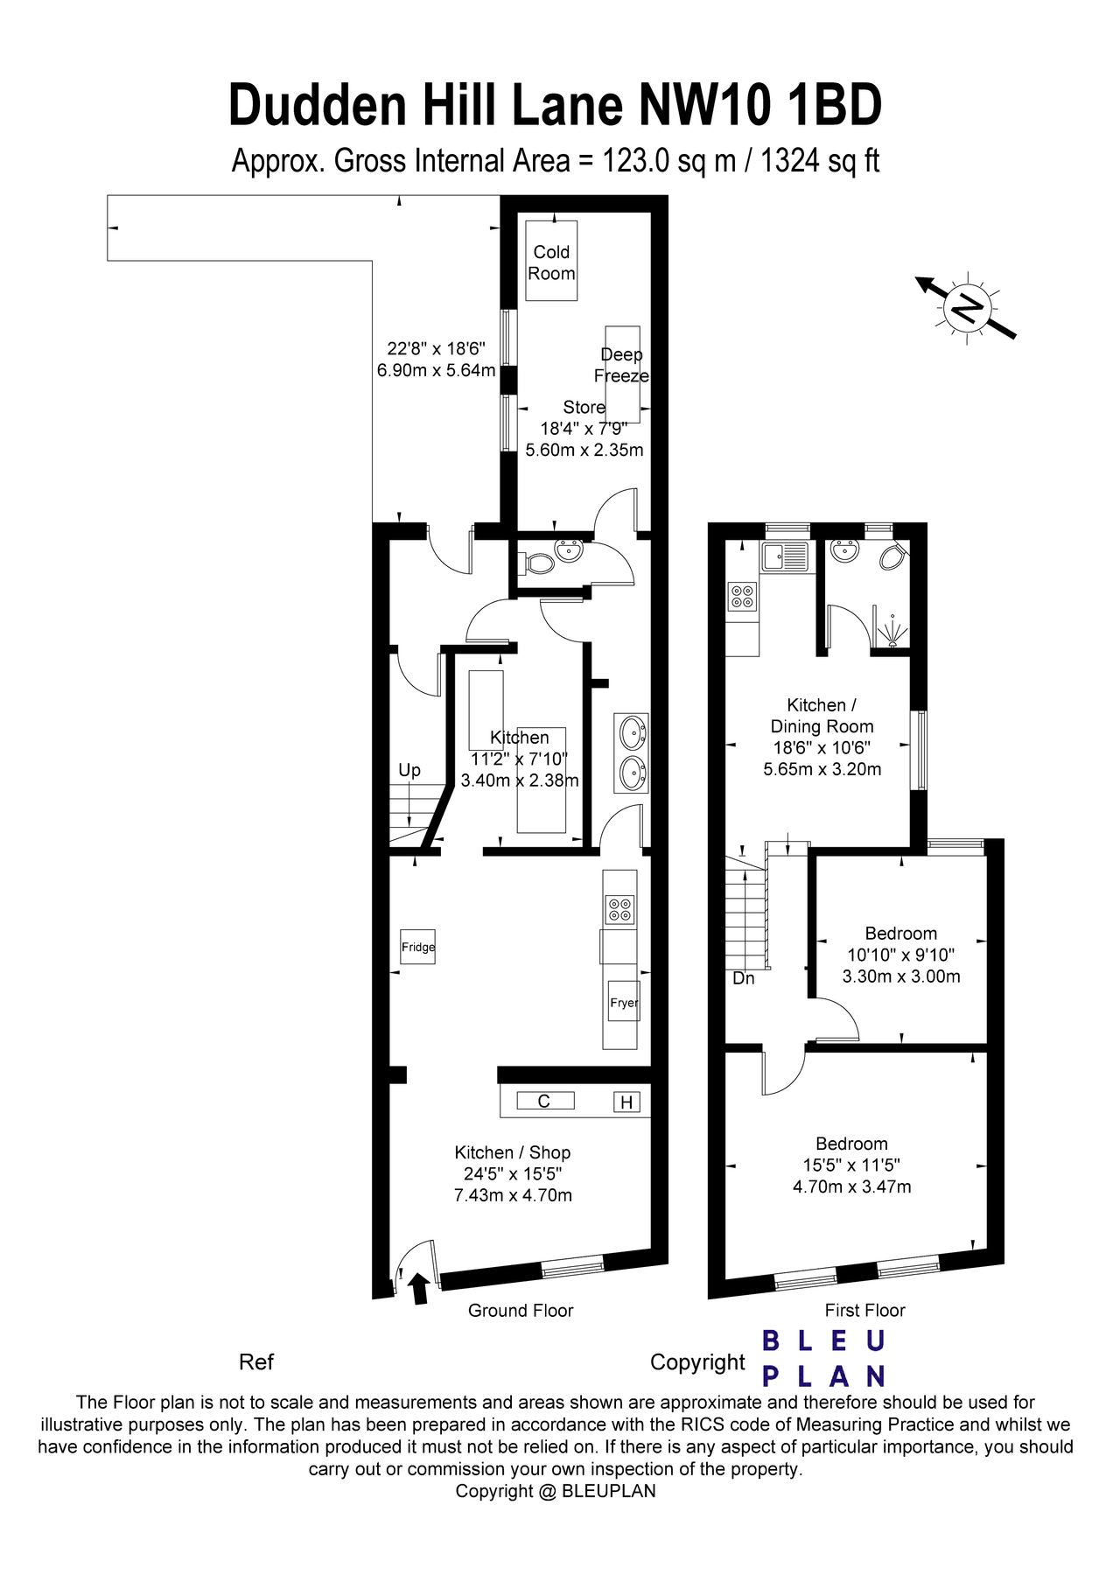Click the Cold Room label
tap(551, 262)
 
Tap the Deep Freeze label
tap(621, 365)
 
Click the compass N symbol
tap(967, 307)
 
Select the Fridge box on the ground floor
tap(418, 947)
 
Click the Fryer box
tap(624, 1003)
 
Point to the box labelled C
tap(544, 1102)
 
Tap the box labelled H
tap(626, 1102)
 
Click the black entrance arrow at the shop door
tap(419, 1288)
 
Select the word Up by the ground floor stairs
tap(409, 770)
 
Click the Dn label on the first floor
tap(744, 978)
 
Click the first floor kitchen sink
tap(784, 556)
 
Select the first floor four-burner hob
tap(742, 597)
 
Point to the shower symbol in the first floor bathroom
tap(892, 631)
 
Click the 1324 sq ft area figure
tap(820, 161)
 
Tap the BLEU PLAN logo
tap(823, 1359)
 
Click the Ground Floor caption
tap(521, 1310)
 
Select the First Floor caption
tap(864, 1310)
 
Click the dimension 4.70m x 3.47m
tap(851, 1187)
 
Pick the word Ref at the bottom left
tap(256, 1362)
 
